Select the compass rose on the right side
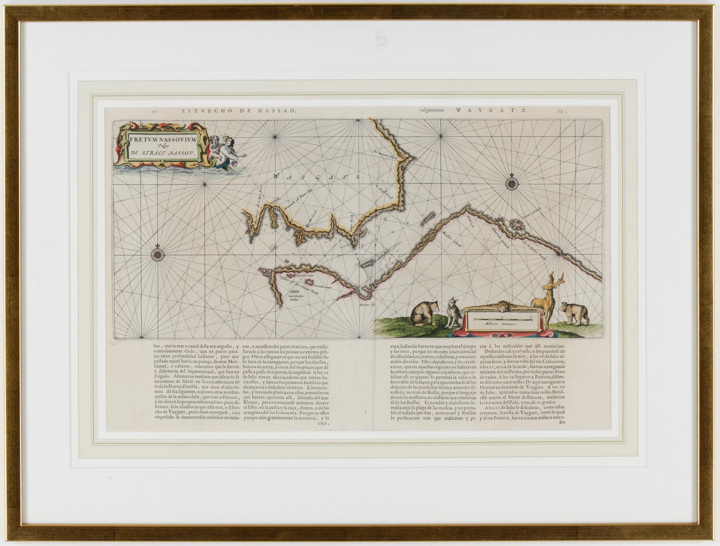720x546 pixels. coord(512,184)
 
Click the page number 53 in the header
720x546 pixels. coord(560,112)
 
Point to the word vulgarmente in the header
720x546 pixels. coord(431,111)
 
